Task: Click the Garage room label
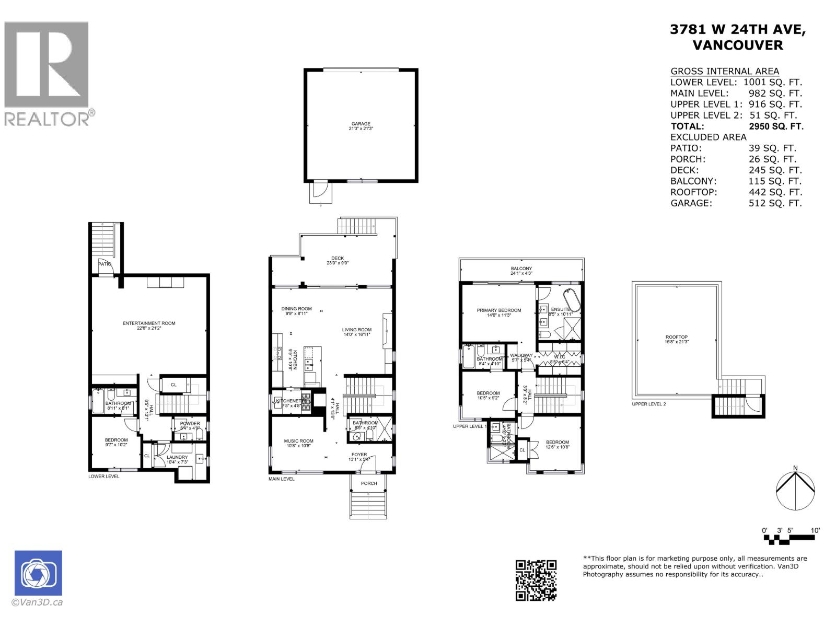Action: (x=361, y=124)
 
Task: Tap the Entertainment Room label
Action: (x=149, y=323)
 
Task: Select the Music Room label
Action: (x=298, y=441)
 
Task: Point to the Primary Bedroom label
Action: (x=498, y=310)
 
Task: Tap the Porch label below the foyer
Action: (x=369, y=483)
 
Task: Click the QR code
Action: (x=536, y=580)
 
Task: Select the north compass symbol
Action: (x=795, y=490)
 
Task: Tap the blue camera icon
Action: (x=38, y=573)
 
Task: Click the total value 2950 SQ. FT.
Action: (x=776, y=126)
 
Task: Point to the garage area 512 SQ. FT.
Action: (x=775, y=203)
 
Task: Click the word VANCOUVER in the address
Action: (x=737, y=45)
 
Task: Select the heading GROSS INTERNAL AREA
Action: (x=724, y=72)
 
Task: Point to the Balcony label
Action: (x=521, y=269)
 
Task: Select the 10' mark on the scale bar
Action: (x=815, y=530)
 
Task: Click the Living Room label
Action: (x=356, y=330)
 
